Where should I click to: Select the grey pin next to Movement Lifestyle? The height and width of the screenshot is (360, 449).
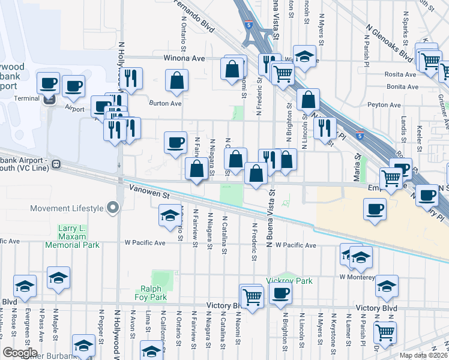[x=113, y=208]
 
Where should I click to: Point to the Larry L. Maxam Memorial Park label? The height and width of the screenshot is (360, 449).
[x=79, y=236]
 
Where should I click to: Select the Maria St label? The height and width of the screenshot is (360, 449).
[x=356, y=169]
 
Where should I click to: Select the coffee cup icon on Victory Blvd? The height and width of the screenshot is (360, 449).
[x=280, y=294]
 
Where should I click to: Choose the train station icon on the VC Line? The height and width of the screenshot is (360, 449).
[x=56, y=163]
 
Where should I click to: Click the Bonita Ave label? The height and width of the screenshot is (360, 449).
[x=402, y=86]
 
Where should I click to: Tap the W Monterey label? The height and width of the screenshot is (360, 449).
[x=357, y=277]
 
